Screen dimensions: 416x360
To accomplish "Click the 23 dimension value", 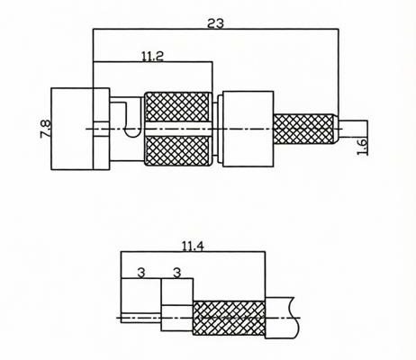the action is (215, 23).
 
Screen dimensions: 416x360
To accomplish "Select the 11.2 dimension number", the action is (152, 56).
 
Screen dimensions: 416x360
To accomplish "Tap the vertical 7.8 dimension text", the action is (45, 129).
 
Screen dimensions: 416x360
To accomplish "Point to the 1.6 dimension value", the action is (362, 147).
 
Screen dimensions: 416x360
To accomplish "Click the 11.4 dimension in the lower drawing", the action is (193, 247).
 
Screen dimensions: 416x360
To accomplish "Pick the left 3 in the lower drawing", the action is (140, 273).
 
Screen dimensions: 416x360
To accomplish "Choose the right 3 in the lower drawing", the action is (177, 273).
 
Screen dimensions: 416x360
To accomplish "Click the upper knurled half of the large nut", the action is (178, 107).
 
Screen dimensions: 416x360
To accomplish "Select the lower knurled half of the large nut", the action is (178, 151).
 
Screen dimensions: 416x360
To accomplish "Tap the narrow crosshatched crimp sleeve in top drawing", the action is (305, 130).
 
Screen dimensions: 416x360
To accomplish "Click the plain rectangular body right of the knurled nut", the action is (248, 129).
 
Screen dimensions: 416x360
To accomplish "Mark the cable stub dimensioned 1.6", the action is (353, 129).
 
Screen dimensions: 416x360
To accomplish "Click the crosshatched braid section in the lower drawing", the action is (229, 319).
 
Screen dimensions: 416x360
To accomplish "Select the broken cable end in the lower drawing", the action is (282, 318).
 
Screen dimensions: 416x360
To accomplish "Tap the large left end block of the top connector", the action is (80, 129).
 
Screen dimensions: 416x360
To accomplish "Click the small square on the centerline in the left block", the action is (102, 130).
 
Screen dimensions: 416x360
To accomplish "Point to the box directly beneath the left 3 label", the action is (141, 301).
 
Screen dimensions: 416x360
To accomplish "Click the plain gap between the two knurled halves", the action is (178, 129).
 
